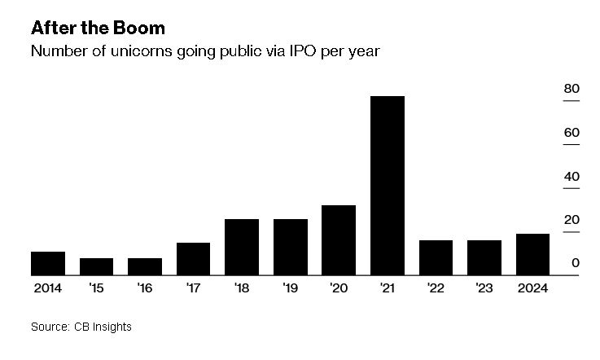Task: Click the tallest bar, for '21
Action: (388, 186)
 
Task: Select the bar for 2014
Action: (48, 263)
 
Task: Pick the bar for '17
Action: (193, 259)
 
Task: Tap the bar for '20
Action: (339, 240)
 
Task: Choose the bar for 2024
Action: (532, 254)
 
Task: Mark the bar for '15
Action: (96, 266)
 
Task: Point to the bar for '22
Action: (436, 257)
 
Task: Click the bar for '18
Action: (242, 247)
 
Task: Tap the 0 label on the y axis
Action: (575, 263)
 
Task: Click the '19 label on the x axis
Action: (290, 288)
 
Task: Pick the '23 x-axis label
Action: (484, 288)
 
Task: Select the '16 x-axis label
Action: (145, 288)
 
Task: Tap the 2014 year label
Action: (48, 288)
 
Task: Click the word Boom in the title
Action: (138, 28)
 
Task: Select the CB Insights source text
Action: (103, 327)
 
